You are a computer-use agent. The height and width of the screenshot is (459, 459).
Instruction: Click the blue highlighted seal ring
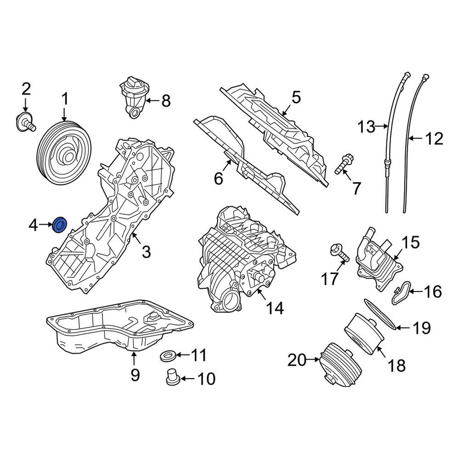coord(60,224)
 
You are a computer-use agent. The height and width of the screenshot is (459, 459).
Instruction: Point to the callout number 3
coord(146,252)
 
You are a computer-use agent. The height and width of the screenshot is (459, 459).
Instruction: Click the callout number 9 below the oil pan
coord(134,375)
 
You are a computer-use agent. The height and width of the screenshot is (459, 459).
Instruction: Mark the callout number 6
coord(218,178)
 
